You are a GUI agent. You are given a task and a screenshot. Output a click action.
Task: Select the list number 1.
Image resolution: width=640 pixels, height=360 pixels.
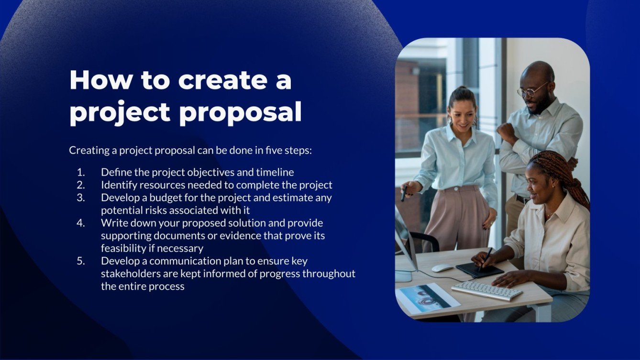(x=80, y=172)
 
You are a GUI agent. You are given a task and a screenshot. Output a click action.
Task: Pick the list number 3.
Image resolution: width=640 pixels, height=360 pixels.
(x=80, y=197)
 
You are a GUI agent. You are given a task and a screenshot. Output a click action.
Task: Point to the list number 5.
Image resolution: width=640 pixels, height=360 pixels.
(x=80, y=261)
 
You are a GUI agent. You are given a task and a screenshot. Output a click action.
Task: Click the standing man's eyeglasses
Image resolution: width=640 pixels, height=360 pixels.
(x=532, y=90)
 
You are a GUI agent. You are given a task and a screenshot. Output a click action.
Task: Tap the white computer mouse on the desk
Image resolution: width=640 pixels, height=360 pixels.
(x=442, y=268)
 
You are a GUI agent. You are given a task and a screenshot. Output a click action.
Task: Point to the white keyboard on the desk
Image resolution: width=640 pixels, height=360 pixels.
(x=487, y=290)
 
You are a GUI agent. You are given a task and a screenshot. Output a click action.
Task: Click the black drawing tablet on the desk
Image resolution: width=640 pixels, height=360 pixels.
(x=479, y=270)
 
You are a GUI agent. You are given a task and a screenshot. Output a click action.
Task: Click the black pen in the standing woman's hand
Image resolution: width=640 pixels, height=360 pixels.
(x=404, y=193)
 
